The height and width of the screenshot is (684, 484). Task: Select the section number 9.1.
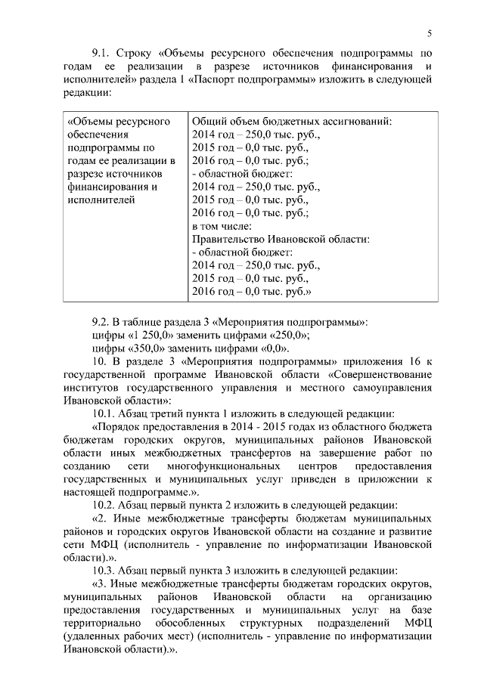[102, 54]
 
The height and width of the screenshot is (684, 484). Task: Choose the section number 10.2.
[105, 504]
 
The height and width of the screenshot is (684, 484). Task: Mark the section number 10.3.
[105, 569]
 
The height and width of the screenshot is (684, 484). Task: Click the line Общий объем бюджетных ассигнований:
[291, 121]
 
